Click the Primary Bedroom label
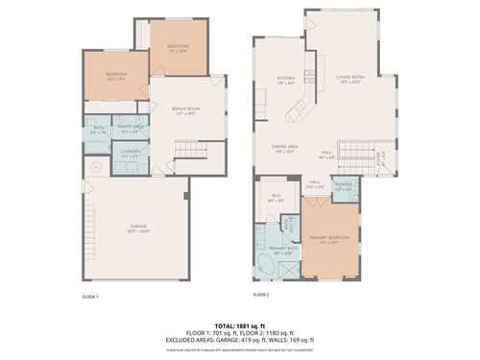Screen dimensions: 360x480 pyautogui.click(x=328, y=237)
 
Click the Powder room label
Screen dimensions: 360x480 pyautogui.click(x=345, y=186)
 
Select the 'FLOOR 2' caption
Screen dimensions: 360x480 pyautogui.click(x=261, y=294)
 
